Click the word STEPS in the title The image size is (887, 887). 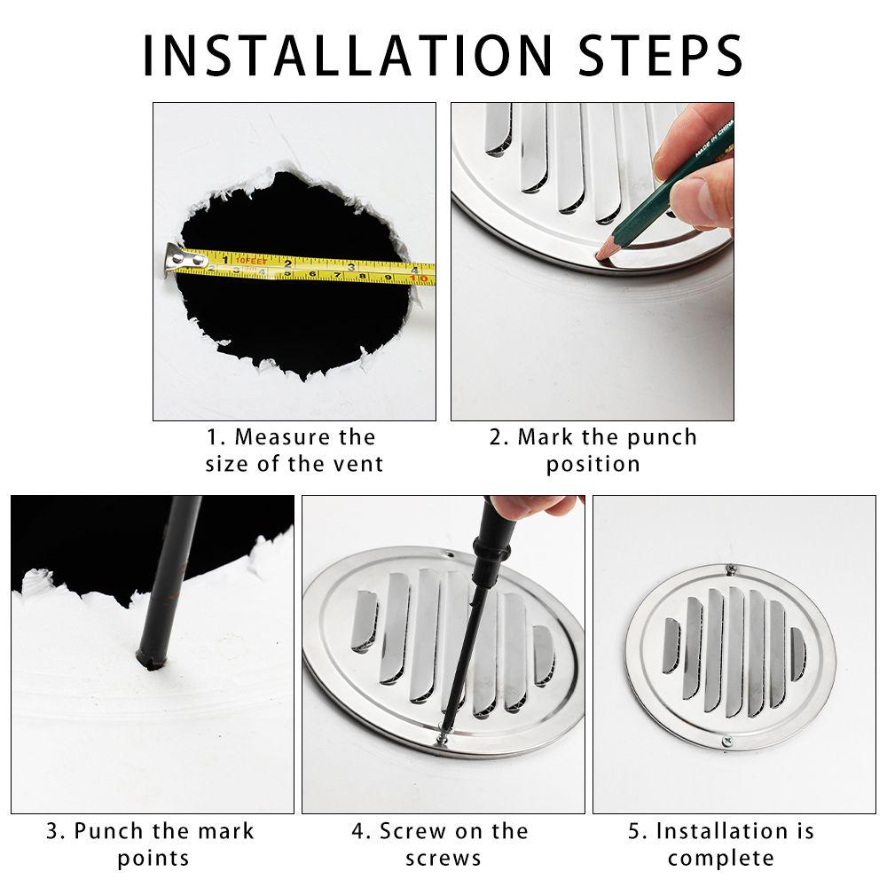[662, 55]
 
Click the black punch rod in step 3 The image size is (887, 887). [173, 577]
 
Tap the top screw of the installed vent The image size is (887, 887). [730, 569]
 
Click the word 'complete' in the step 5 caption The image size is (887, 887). [720, 858]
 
